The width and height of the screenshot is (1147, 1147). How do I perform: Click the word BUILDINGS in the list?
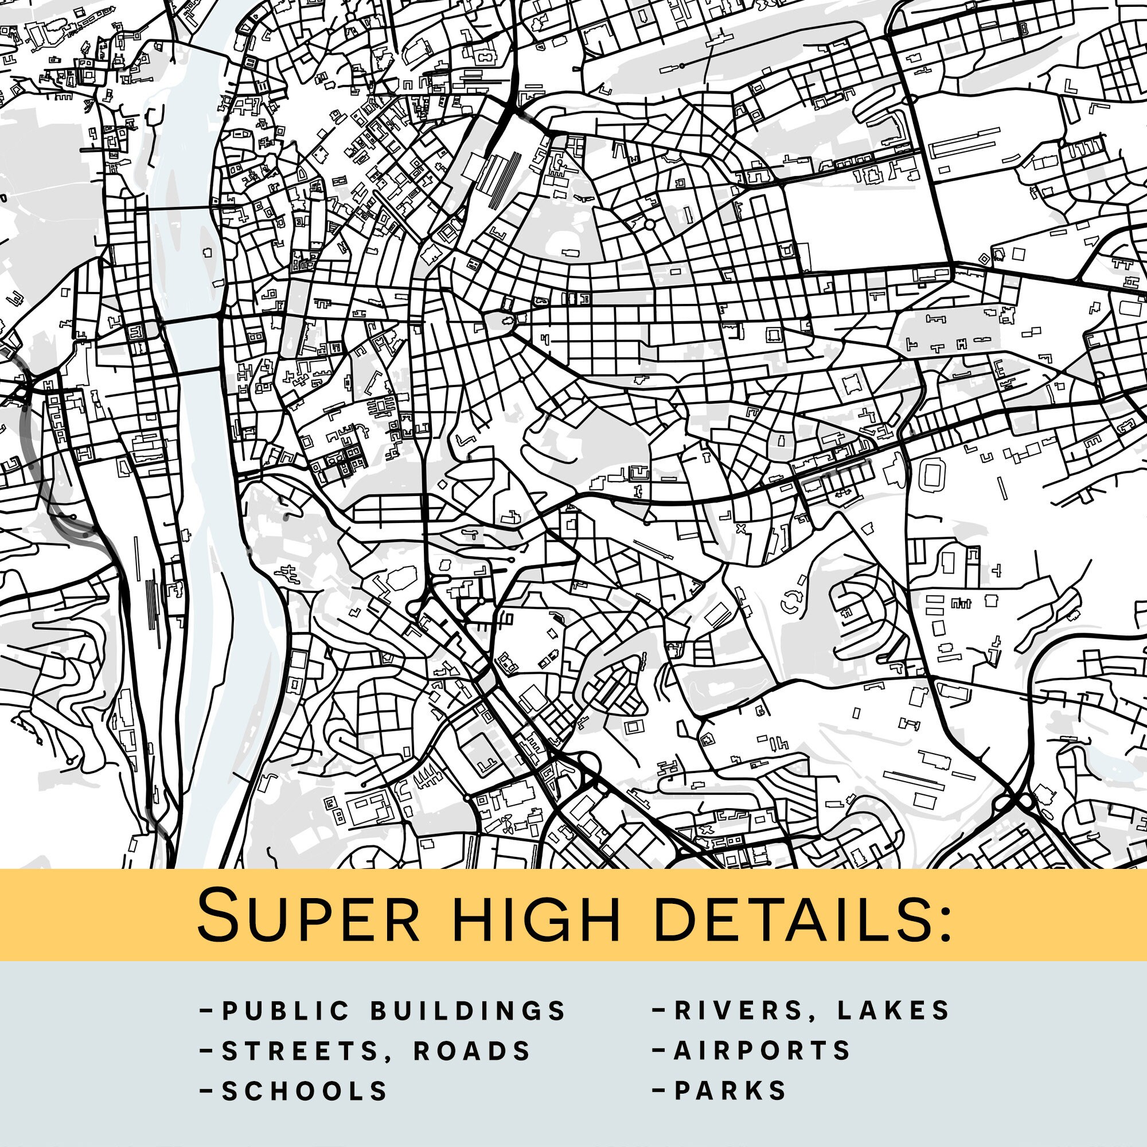pyautogui.click(x=469, y=1011)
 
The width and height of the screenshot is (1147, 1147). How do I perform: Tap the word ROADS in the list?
pyautogui.click(x=472, y=1051)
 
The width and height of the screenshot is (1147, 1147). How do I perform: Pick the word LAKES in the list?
pyautogui.click(x=894, y=1011)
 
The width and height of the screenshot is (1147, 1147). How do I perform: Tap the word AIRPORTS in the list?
pyautogui.click(x=762, y=1051)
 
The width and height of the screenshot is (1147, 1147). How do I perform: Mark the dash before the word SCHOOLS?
pyautogui.click(x=207, y=1091)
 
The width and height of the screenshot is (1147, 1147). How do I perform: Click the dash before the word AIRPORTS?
pyautogui.click(x=659, y=1050)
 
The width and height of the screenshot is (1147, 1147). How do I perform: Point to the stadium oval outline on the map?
pyautogui.click(x=931, y=477)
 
